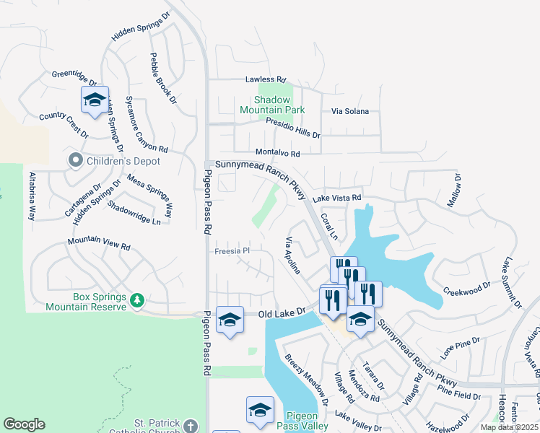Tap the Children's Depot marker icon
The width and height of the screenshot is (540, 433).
(x=74, y=161)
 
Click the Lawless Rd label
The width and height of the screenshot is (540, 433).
(x=266, y=79)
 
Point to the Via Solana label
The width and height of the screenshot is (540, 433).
(x=350, y=112)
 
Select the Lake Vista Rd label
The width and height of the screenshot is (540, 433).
(x=336, y=197)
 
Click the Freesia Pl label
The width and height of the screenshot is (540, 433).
(x=232, y=251)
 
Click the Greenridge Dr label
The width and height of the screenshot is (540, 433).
(x=74, y=74)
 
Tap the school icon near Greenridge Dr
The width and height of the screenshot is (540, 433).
(x=95, y=101)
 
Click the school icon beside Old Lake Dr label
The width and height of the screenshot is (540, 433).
(x=230, y=320)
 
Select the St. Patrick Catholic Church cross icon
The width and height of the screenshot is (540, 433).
(x=190, y=425)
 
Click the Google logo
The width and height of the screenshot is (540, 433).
(x=24, y=424)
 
